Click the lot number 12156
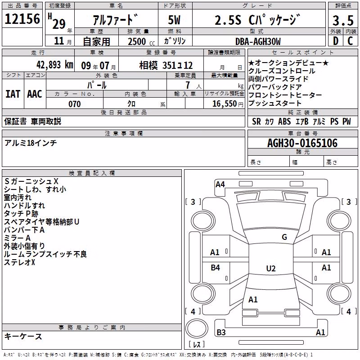tap(22, 19)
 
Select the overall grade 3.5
tap(343, 20)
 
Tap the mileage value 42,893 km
tap(55, 65)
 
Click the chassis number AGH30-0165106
tap(302, 143)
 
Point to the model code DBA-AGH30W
tap(258, 41)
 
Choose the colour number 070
tap(75, 104)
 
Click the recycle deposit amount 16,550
tap(225, 104)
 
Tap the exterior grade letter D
tap(336, 41)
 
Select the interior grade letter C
tap(350, 41)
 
